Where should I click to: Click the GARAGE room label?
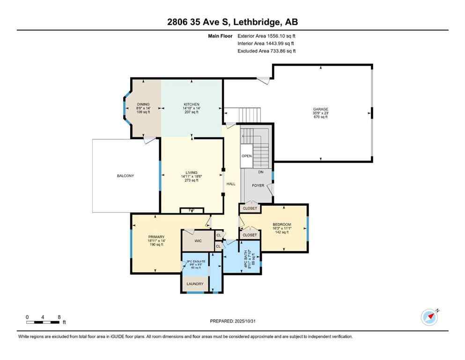320,109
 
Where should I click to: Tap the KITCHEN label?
191,105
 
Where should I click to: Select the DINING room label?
143,105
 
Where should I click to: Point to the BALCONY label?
125,176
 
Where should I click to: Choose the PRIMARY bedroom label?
156,237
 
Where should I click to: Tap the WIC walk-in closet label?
198,240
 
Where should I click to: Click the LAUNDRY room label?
195,284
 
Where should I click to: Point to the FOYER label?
258,186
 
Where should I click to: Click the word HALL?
231,184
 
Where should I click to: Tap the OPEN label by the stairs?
247,156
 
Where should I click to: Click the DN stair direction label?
261,172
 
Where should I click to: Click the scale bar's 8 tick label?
59,317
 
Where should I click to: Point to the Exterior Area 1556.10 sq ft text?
266,36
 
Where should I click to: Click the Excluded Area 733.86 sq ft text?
266,51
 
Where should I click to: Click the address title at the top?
232,22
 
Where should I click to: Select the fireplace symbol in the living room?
192,210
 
